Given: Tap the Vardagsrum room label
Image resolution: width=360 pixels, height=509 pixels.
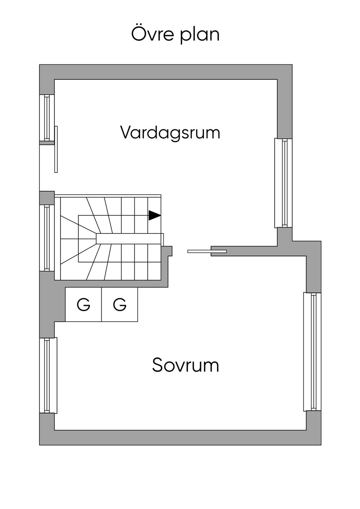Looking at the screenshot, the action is [170, 133].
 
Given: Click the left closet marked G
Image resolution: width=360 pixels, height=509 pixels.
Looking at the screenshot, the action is [83, 304].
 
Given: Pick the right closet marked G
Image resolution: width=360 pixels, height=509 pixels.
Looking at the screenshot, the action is [120, 304].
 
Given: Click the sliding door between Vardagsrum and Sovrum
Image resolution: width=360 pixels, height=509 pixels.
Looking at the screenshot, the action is [207, 251].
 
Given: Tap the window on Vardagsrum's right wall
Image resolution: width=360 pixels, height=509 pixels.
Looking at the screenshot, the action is [283, 183].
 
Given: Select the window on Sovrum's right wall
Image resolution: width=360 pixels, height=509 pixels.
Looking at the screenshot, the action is [312, 352].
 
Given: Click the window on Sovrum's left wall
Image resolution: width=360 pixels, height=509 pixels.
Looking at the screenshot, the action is [47, 375].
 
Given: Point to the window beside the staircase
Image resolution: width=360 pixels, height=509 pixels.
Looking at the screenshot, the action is [47, 238].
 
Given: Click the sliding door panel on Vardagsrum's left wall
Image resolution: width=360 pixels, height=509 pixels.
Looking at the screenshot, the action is [56, 149].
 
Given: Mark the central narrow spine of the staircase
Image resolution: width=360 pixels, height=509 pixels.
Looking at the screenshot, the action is [128, 239].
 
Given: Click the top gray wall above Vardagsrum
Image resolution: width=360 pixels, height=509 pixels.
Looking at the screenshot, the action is [165, 72].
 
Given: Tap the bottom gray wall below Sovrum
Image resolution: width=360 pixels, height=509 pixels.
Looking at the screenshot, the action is [180, 438].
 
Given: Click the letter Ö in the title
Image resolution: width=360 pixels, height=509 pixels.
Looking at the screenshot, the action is [137, 34].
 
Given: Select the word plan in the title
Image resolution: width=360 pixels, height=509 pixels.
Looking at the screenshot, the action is [199, 36].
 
